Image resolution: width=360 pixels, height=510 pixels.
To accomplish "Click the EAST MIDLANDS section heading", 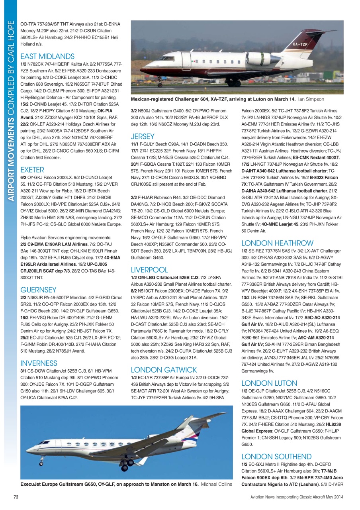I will pyautogui.click(x=47, y=56).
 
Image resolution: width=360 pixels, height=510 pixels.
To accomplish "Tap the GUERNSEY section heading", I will pyautogui.click(x=38, y=290).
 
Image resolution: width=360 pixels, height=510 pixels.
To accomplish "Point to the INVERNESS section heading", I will pyautogui.click(x=39, y=363).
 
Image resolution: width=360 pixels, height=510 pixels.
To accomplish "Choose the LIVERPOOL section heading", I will pyautogui.click(x=149, y=270).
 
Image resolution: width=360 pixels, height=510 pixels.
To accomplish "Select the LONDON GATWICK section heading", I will pyautogui.click(x=164, y=369).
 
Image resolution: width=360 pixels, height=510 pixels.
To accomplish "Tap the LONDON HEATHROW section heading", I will pyautogui.click(x=277, y=243).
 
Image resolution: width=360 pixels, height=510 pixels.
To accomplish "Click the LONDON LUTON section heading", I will pyautogui.click(x=269, y=383).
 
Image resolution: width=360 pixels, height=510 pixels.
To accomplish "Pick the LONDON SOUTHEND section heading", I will pyautogui.click(x=277, y=456).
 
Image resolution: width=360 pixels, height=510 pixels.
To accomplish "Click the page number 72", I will pyautogui.click(x=16, y=497).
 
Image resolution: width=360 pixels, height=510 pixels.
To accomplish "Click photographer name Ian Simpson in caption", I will pyautogui.click(x=311, y=99).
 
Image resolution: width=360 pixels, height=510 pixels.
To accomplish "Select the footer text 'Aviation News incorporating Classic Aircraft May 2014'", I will pyautogui.click(x=297, y=497).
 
